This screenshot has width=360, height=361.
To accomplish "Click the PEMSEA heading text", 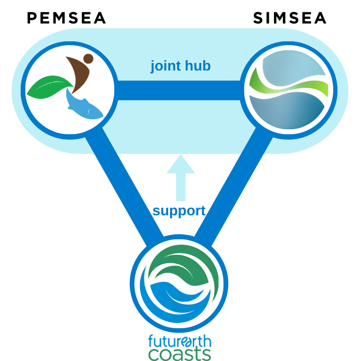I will click(66, 18).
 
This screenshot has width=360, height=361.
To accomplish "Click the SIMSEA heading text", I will click(290, 18).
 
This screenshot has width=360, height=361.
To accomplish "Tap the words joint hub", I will click(180, 66).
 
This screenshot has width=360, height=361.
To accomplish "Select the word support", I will click(179, 211).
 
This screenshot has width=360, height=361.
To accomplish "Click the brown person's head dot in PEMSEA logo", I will click(88, 58).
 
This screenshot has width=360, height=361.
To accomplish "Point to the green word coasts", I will click(179, 353).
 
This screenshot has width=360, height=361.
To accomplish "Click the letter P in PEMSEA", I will click(32, 18).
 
